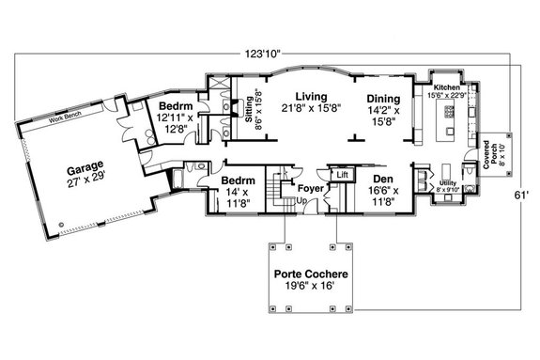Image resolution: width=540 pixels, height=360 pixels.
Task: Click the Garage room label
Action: click(85, 169)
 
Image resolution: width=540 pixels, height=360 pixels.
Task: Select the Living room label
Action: click(311, 97)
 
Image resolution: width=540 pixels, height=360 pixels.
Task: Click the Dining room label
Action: click(384, 98)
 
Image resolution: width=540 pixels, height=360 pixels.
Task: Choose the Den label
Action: click(381, 178)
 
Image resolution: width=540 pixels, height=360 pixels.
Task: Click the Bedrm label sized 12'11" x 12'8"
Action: click(176, 106)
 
